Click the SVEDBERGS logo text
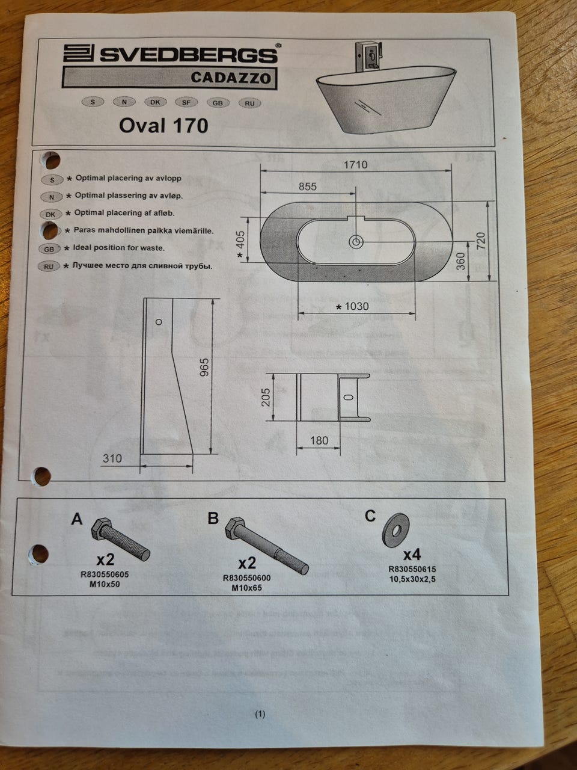click(x=188, y=55)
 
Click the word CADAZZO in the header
click(x=231, y=77)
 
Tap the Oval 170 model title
click(x=163, y=125)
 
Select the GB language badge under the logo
click(x=218, y=103)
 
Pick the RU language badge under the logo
click(x=250, y=103)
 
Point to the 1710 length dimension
click(x=356, y=164)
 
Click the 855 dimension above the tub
click(x=307, y=186)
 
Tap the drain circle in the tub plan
click(x=356, y=242)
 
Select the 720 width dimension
click(x=481, y=240)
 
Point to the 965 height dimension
click(x=204, y=368)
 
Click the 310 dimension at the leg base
click(x=112, y=458)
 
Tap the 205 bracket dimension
click(x=266, y=397)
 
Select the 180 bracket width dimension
click(x=319, y=440)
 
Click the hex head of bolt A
click(x=100, y=528)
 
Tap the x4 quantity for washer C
click(x=412, y=555)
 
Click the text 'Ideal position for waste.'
click(x=118, y=248)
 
